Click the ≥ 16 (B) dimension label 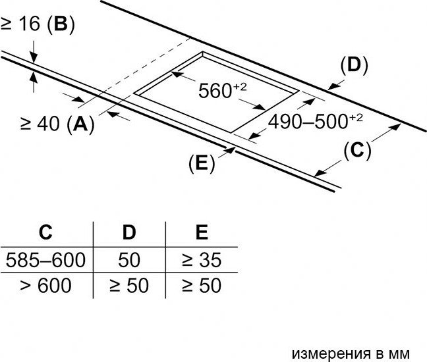(x=38, y=24)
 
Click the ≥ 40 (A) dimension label (x=57, y=124)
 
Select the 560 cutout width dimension (x=223, y=90)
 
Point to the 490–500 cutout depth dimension (x=316, y=121)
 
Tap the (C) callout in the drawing (x=357, y=151)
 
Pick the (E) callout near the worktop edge (x=202, y=163)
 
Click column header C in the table (x=45, y=232)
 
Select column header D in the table (x=129, y=232)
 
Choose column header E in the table (x=202, y=232)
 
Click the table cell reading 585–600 (x=45, y=260)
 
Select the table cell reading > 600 (x=45, y=285)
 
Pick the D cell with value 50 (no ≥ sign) (x=129, y=260)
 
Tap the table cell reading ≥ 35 (x=202, y=260)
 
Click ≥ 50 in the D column (x=129, y=285)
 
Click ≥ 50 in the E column (x=202, y=285)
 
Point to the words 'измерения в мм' (x=351, y=354)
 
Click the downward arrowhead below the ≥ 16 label (x=34, y=58)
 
